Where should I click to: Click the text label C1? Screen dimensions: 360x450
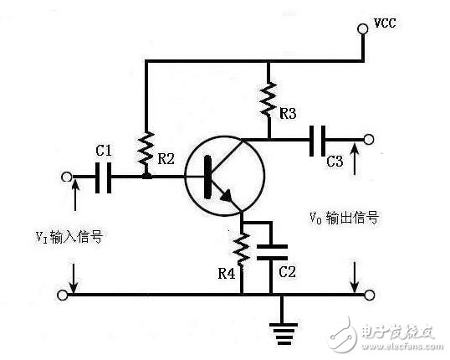coord(103,151)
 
